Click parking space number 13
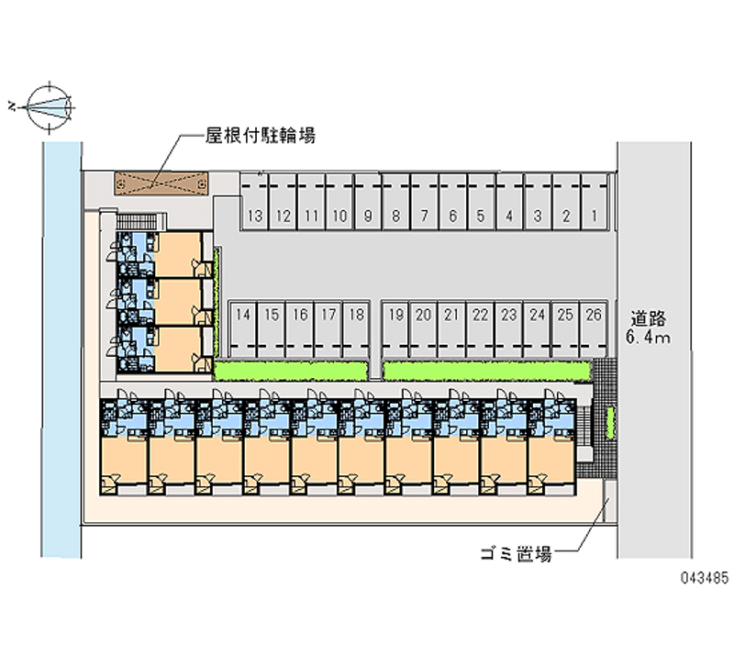[255, 202]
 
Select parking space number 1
[595, 202]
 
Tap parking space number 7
[425, 202]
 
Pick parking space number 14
[243, 329]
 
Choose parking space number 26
[594, 329]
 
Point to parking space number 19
[396, 329]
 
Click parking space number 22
[480, 329]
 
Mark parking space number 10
[339, 202]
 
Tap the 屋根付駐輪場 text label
[261, 135]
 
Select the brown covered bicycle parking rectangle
[161, 183]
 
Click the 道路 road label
[649, 318]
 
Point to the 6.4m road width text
[649, 337]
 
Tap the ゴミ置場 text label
[516, 554]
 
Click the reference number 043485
[705, 578]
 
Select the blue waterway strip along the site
[61, 350]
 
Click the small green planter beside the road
[610, 423]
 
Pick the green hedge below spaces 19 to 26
[487, 372]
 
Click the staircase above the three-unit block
[140, 221]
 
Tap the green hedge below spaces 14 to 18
[291, 372]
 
